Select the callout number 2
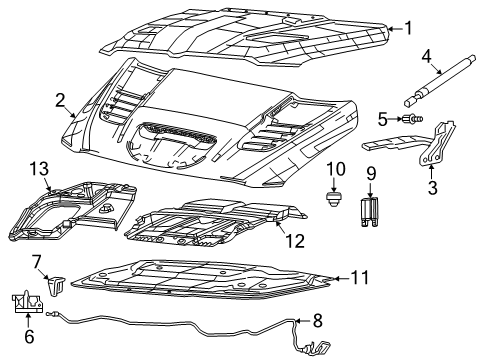tap(60, 99)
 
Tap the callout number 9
tap(369, 173)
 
